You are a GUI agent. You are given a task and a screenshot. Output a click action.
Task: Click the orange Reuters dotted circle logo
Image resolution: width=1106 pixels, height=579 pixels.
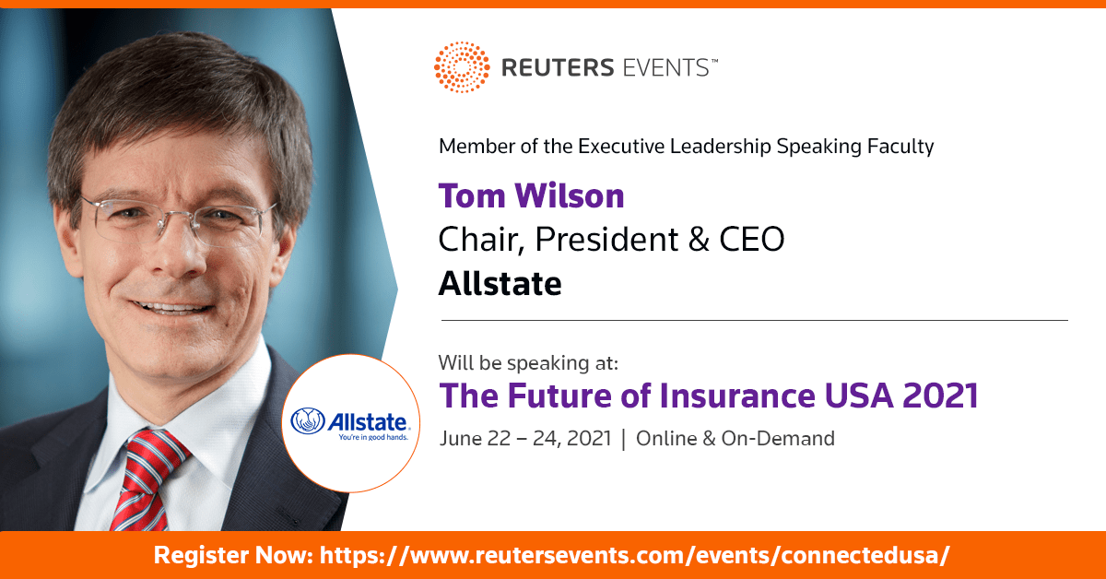pos(462,67)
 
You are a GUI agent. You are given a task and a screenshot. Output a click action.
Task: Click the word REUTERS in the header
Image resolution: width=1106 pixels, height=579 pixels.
pos(558,67)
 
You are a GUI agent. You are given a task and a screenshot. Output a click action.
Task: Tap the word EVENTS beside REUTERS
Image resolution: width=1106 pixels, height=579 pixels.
pos(666,67)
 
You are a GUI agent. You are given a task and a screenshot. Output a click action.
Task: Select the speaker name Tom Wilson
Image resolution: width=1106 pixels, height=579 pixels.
pos(531,195)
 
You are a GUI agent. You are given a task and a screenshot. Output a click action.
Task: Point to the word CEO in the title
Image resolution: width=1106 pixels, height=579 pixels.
pos(751,240)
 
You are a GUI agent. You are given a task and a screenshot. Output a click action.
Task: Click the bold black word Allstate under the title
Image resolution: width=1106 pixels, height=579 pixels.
pos(500,284)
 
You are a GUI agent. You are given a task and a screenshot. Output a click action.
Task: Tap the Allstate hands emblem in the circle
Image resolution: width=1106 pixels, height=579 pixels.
pos(308,421)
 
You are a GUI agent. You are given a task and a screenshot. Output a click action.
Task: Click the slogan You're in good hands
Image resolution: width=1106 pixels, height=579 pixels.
pos(373,437)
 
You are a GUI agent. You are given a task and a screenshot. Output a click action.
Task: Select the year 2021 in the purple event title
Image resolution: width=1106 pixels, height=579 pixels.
pos(940,396)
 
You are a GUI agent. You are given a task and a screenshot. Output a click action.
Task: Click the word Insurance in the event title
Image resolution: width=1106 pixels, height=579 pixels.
pos(737,396)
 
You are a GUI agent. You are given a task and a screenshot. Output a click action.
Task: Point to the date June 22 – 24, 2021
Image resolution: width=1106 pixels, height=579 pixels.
pos(525,439)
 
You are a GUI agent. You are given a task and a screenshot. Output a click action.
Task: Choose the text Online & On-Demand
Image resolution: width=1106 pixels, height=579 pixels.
pos(735,439)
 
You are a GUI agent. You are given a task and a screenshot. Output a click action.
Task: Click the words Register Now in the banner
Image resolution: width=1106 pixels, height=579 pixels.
pos(233,555)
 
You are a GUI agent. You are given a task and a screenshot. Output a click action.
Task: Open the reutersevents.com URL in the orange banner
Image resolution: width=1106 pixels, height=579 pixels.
pos(634,555)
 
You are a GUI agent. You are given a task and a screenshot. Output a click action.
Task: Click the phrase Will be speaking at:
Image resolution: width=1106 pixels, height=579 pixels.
pos(528,363)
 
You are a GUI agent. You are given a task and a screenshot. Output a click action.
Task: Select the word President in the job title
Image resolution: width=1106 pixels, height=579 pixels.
pos(606,240)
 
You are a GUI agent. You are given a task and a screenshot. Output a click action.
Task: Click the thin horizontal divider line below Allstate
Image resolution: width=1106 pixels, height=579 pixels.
pos(755,320)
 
